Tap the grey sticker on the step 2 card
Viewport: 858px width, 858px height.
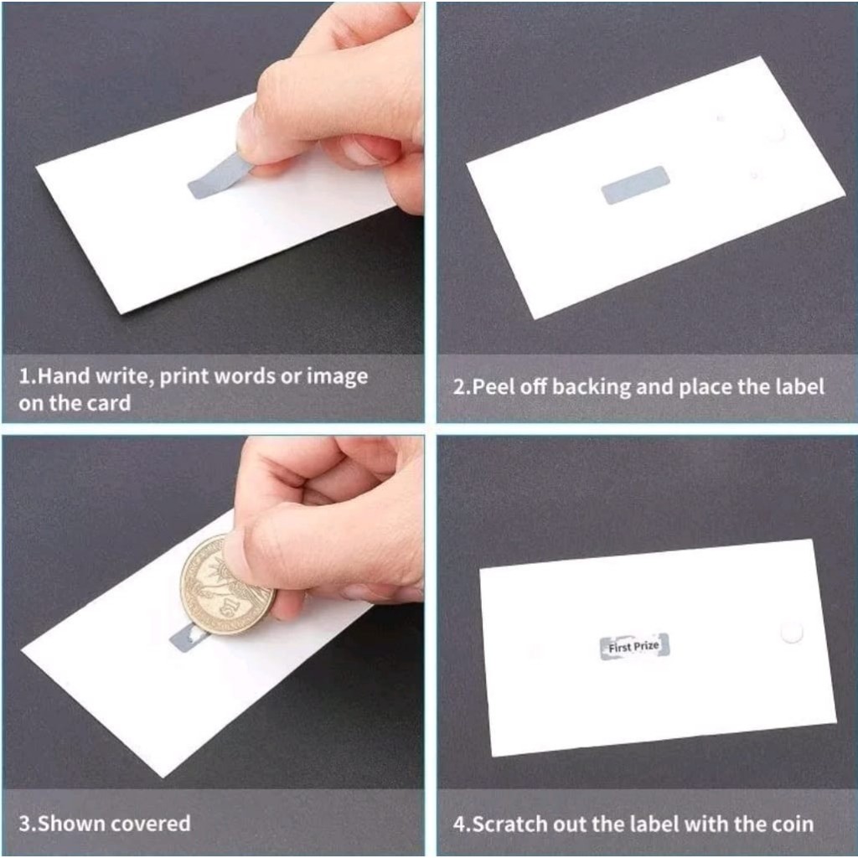pos(635,185)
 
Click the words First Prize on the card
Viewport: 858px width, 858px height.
pos(633,647)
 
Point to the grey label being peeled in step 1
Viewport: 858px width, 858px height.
pos(219,176)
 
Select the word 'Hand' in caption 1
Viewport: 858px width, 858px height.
pos(65,376)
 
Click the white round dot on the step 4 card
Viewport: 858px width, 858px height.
pos(791,632)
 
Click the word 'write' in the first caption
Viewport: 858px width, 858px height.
pos(124,376)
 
